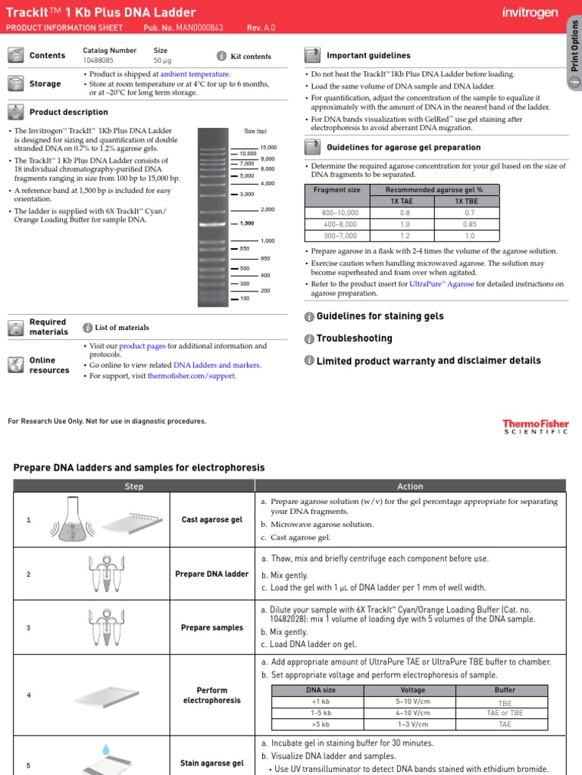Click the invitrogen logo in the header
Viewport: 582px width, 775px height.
(x=530, y=13)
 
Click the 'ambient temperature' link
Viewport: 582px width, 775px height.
(x=195, y=74)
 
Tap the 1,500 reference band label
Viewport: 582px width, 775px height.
(x=247, y=223)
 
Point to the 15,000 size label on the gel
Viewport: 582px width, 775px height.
(x=268, y=147)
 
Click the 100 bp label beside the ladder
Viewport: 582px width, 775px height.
(x=244, y=298)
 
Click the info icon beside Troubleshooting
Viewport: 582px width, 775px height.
(x=309, y=338)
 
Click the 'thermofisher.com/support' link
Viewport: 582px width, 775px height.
(x=192, y=375)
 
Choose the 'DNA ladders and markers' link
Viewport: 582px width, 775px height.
(x=217, y=365)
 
